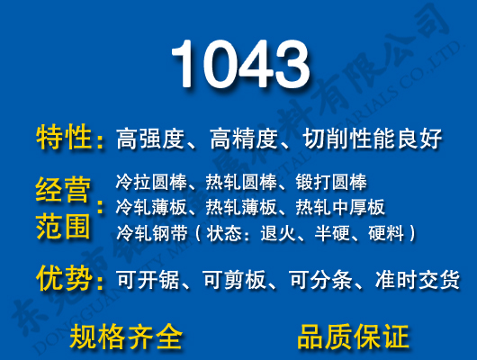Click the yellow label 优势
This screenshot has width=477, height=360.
point(65,278)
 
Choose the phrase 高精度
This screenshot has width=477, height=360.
point(243,139)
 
